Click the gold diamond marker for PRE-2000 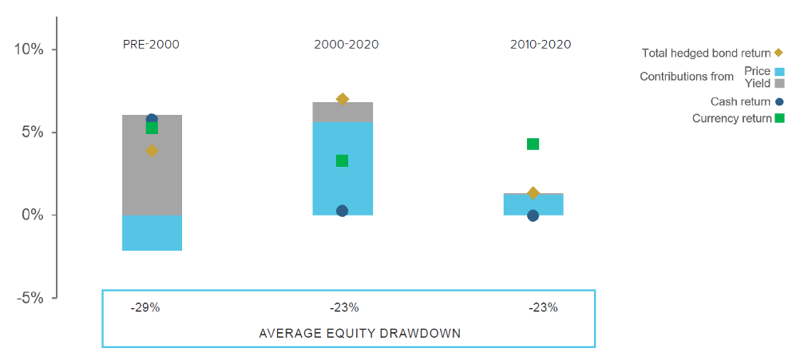[152, 151]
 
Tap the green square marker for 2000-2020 [342, 161]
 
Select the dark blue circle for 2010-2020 [533, 216]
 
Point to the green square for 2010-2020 [533, 144]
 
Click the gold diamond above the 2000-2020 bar [342, 99]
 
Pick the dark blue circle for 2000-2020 [342, 211]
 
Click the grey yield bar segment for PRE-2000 [152, 165]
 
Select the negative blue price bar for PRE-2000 [152, 233]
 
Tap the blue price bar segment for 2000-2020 [342, 168]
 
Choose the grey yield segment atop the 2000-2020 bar [342, 113]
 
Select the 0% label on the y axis [31, 216]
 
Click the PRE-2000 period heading [151, 44]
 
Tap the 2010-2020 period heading [541, 44]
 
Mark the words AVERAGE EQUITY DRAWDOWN [360, 334]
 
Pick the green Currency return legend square [779, 118]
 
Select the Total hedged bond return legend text [707, 53]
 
